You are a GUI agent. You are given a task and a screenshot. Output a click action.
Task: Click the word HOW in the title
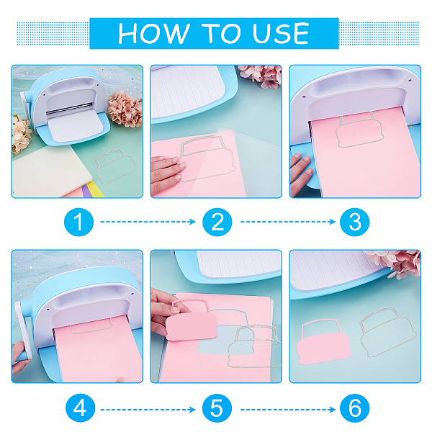(x=154, y=33)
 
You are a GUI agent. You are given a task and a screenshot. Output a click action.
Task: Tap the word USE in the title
(x=281, y=33)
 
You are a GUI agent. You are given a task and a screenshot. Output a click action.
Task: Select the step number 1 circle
(x=78, y=222)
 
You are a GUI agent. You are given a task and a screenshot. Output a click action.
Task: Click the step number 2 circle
(x=217, y=222)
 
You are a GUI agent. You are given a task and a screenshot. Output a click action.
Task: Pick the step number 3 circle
(x=354, y=222)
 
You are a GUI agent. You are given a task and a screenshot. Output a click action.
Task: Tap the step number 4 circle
(x=80, y=408)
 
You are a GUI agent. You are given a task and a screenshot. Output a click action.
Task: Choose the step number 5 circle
(x=217, y=408)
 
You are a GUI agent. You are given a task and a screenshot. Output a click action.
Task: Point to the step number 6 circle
(x=354, y=408)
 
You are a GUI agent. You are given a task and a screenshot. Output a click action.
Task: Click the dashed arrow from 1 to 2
(x=148, y=222)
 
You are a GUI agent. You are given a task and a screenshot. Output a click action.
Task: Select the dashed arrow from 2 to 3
(x=288, y=222)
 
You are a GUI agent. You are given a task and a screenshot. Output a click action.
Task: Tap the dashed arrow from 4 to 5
(x=148, y=410)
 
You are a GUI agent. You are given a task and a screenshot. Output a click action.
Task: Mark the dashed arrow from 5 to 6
(x=288, y=410)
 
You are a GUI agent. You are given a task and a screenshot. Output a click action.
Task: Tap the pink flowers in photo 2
(x=261, y=76)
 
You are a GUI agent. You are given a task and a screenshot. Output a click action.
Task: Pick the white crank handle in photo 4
(x=23, y=330)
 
